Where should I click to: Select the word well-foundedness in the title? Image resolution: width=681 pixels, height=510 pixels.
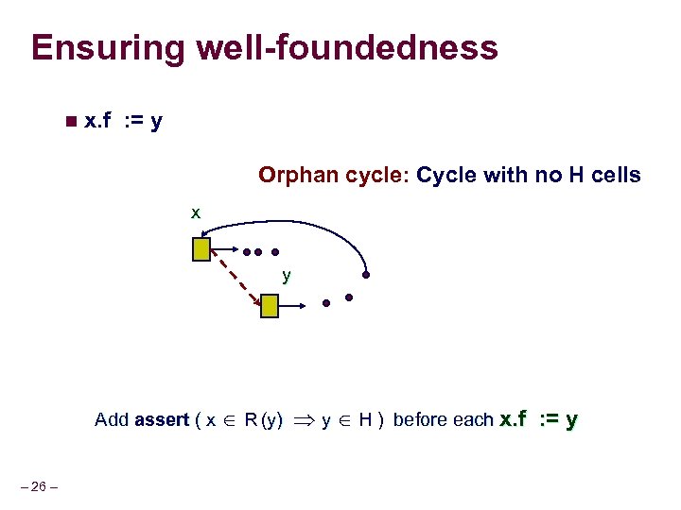344,48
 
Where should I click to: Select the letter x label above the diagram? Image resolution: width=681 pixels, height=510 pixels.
195,213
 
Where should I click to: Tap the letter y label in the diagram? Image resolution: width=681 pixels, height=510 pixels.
286,276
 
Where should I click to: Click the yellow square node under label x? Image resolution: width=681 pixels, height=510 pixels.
201,249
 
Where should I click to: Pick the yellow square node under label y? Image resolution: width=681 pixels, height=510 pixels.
270,305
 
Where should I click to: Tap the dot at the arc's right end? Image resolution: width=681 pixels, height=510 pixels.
366,277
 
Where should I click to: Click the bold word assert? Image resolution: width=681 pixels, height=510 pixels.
162,419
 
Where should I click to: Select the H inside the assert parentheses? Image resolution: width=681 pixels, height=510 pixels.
364,419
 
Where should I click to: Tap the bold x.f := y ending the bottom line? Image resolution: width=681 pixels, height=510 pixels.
538,419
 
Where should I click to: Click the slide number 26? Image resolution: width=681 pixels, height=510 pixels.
38,486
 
